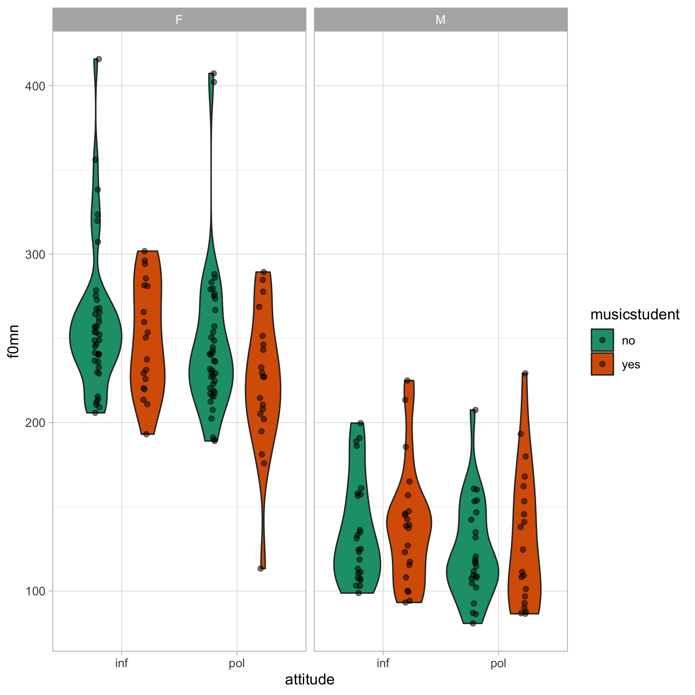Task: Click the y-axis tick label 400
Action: click(x=34, y=86)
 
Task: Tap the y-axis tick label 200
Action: click(x=34, y=423)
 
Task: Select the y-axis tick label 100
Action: click(x=34, y=591)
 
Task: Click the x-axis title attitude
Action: click(x=310, y=679)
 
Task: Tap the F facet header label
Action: click(x=179, y=20)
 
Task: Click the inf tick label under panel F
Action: click(x=121, y=663)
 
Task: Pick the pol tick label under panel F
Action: click(x=237, y=663)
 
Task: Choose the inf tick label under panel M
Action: click(x=383, y=663)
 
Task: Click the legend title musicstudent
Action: click(x=635, y=315)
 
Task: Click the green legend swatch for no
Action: click(x=602, y=340)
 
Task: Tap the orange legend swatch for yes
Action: click(x=602, y=364)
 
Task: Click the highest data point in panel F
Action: click(x=99, y=59)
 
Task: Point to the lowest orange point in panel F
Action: click(x=260, y=569)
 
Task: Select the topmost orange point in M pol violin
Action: click(x=525, y=373)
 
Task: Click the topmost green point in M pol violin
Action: click(x=475, y=410)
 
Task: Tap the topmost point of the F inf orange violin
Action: click(x=145, y=251)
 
